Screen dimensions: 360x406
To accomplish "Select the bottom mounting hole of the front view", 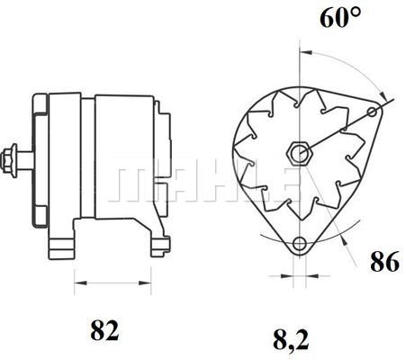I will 299,241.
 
